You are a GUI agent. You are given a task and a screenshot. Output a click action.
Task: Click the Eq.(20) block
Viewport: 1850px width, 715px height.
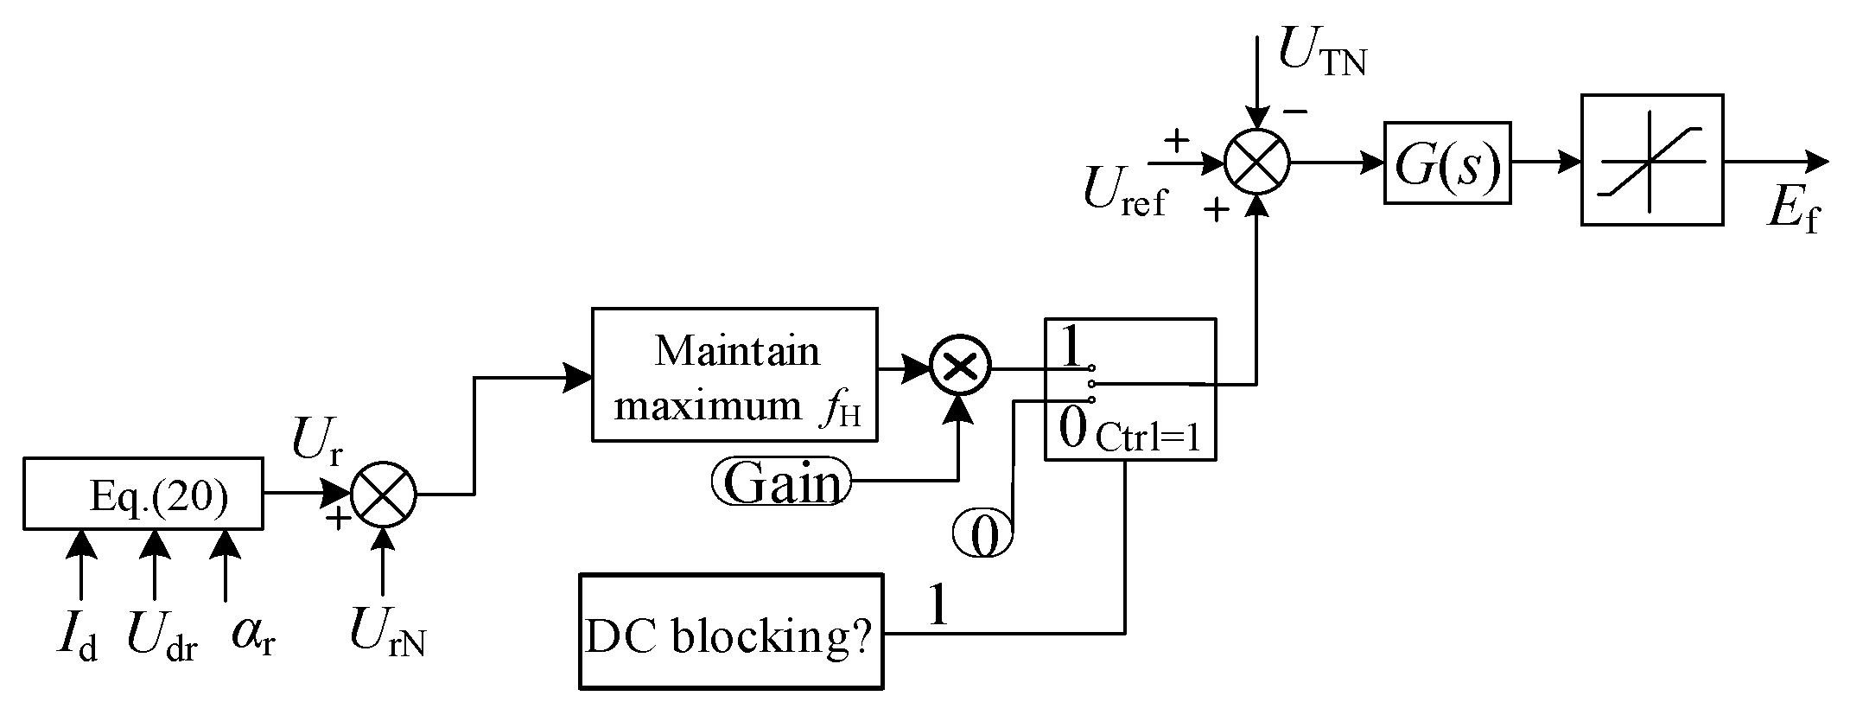143,494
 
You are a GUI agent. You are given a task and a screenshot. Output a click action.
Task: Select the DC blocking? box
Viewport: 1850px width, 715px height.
731,631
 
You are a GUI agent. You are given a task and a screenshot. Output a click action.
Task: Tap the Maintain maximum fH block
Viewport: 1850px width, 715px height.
734,375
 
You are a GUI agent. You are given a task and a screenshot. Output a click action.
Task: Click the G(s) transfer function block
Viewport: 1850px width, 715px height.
1446,163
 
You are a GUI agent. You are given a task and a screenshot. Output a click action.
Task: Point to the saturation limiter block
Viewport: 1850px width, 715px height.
1651,161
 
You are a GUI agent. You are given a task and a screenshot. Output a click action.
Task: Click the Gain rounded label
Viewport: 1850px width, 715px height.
781,482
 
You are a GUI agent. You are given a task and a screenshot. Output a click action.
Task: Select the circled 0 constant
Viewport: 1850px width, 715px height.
982,534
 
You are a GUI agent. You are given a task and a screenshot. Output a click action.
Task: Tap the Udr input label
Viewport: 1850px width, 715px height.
161,637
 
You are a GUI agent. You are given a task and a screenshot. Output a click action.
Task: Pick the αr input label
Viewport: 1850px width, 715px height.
251,634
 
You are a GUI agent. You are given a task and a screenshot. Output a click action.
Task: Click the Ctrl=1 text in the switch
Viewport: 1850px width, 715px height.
1148,439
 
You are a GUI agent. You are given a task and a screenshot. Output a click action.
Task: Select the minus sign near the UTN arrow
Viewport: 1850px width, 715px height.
1294,112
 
